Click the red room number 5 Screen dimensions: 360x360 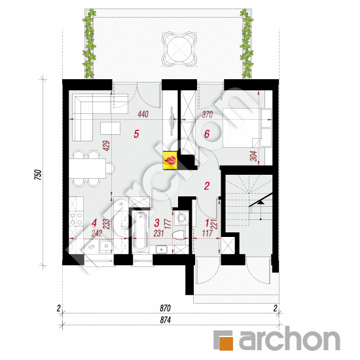[x=136, y=135]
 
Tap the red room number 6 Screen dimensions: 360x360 [x=207, y=135]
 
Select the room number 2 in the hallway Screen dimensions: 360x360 [x=207, y=187]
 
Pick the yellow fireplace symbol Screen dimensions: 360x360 [x=171, y=160]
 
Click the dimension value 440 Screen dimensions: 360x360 [x=143, y=115]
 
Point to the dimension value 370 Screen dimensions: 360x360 [x=207, y=115]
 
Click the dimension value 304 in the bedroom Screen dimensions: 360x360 [x=253, y=156]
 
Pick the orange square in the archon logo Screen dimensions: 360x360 [x=224, y=341]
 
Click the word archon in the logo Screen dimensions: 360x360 [x=287, y=340]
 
